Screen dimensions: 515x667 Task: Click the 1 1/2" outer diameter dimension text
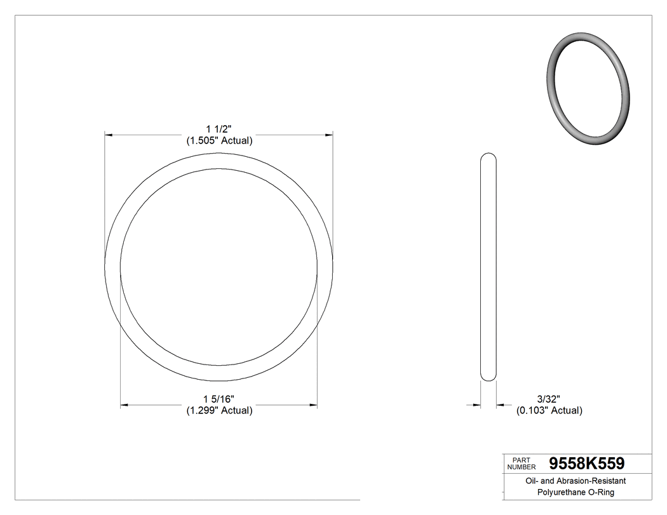click(219, 130)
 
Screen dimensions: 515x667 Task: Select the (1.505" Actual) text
click(219, 141)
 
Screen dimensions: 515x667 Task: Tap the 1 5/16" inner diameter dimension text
click(219, 399)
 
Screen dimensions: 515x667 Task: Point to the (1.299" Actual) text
click(219, 410)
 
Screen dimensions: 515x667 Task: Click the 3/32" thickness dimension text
click(548, 399)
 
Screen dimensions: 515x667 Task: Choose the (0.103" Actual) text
click(549, 410)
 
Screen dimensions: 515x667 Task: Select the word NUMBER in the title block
click(521, 467)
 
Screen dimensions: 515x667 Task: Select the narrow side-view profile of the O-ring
click(488, 267)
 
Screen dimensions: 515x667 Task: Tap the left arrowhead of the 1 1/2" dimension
click(109, 135)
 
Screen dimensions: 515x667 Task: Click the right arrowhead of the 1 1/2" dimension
click(329, 135)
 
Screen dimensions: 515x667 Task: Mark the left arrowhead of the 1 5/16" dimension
click(125, 404)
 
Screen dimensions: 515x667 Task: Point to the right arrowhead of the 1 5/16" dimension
click(313, 404)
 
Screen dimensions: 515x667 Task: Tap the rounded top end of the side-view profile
click(488, 156)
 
